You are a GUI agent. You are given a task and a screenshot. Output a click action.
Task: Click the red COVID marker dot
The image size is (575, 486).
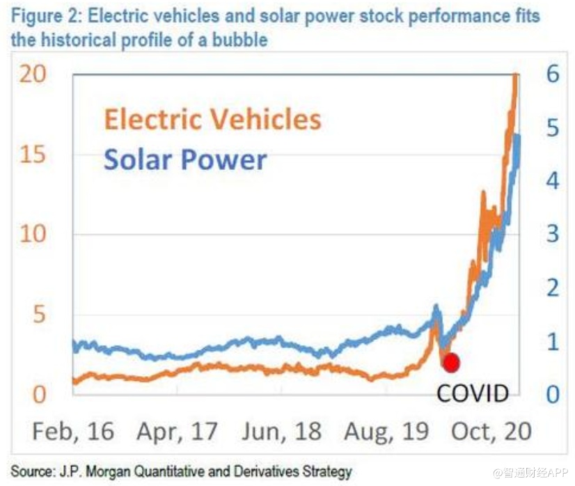pyautogui.click(x=451, y=363)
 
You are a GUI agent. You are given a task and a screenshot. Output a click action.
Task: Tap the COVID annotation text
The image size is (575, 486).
pyautogui.click(x=473, y=393)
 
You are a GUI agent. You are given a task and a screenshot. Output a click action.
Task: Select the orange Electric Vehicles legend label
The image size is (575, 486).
pyautogui.click(x=212, y=119)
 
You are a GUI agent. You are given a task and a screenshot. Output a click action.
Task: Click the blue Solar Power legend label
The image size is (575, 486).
pyautogui.click(x=185, y=160)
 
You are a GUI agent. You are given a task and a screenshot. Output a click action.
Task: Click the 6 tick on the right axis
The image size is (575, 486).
pyautogui.click(x=552, y=74)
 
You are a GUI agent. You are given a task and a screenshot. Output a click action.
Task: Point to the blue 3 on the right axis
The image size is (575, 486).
pyautogui.click(x=552, y=234)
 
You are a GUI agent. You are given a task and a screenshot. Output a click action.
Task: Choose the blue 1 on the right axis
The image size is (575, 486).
pyautogui.click(x=552, y=341)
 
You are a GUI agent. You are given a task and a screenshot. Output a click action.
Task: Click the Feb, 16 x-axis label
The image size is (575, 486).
pyautogui.click(x=73, y=431)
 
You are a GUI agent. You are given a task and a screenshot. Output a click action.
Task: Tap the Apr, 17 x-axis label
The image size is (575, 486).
pyautogui.click(x=177, y=431)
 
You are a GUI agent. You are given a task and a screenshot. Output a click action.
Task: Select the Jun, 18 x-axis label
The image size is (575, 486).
pyautogui.click(x=281, y=431)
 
